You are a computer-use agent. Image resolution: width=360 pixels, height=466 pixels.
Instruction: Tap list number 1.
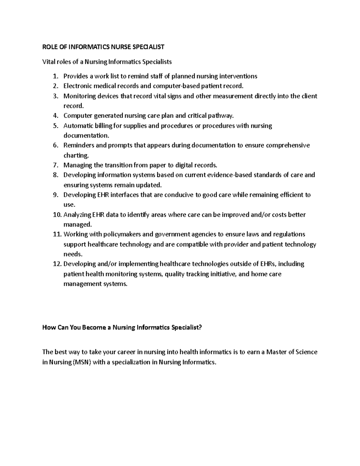pyautogui.click(x=55, y=76)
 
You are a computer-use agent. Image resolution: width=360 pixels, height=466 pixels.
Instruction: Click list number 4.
pyautogui.click(x=55, y=116)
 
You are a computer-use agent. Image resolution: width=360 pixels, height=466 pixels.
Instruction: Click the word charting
pyautogui.click(x=76, y=155)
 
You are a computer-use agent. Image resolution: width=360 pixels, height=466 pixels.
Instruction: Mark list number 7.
pyautogui.click(x=55, y=165)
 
